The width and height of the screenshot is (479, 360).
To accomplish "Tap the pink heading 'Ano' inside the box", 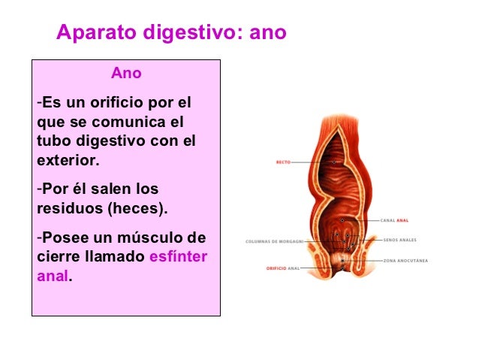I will point(126,74).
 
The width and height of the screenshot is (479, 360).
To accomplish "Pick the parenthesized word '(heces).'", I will point(138,207).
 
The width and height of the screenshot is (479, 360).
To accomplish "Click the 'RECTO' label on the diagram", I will point(283,162).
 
